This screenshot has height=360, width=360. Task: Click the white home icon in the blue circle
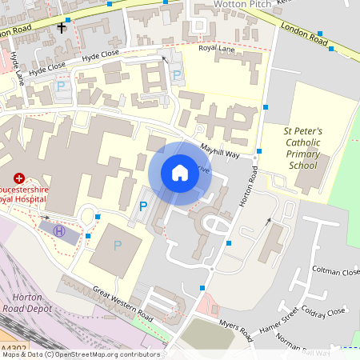179,173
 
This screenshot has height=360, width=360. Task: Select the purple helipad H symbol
59,230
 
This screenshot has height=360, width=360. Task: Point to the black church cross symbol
62,28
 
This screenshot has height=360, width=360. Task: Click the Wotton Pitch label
242,5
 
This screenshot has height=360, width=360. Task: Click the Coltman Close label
336,271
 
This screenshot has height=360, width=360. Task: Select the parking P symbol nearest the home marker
143,206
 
